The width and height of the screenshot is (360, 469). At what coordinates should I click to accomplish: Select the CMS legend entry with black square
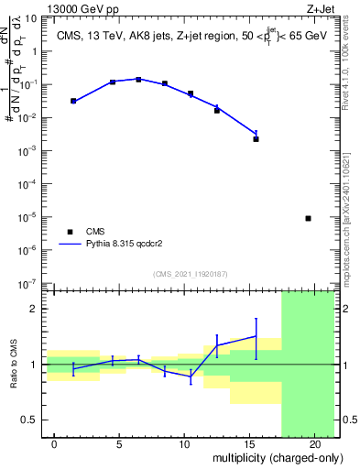coord(71,232)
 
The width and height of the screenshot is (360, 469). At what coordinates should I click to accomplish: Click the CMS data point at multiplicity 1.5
coord(73,101)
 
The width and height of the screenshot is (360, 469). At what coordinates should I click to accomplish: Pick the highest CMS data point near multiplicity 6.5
coord(138,80)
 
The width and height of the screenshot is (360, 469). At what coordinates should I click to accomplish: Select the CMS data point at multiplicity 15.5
coord(256,139)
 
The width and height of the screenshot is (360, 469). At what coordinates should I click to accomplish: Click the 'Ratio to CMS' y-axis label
coord(14,364)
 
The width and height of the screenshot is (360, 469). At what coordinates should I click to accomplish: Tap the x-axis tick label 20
coord(314,444)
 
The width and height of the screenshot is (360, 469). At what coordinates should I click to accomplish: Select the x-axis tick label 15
coord(249,444)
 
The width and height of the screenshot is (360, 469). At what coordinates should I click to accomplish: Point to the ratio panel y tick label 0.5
coord(29,420)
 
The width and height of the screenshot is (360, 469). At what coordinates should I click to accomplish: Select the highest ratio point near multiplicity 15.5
coord(256,336)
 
